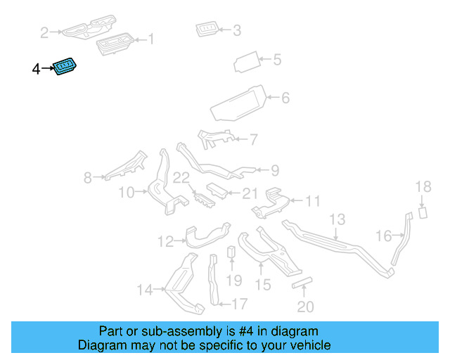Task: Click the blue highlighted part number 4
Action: [x=65, y=66]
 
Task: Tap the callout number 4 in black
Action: [x=36, y=69]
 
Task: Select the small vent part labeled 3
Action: [x=207, y=29]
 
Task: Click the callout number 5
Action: [x=277, y=60]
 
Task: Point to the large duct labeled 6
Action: [x=238, y=103]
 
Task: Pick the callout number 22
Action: [x=181, y=178]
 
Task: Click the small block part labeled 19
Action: [x=231, y=252]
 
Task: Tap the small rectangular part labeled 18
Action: [x=423, y=213]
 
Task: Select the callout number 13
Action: [x=337, y=219]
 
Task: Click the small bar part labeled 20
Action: [x=302, y=283]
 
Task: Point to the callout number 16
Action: [x=384, y=236]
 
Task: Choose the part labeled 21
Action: [x=217, y=191]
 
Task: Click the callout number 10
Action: [x=127, y=193]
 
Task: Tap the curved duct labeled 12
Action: [x=207, y=236]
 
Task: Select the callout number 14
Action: [x=145, y=290]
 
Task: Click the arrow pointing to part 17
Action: [x=225, y=304]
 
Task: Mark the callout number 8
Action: [x=87, y=178]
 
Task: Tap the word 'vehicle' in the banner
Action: [x=313, y=345]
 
